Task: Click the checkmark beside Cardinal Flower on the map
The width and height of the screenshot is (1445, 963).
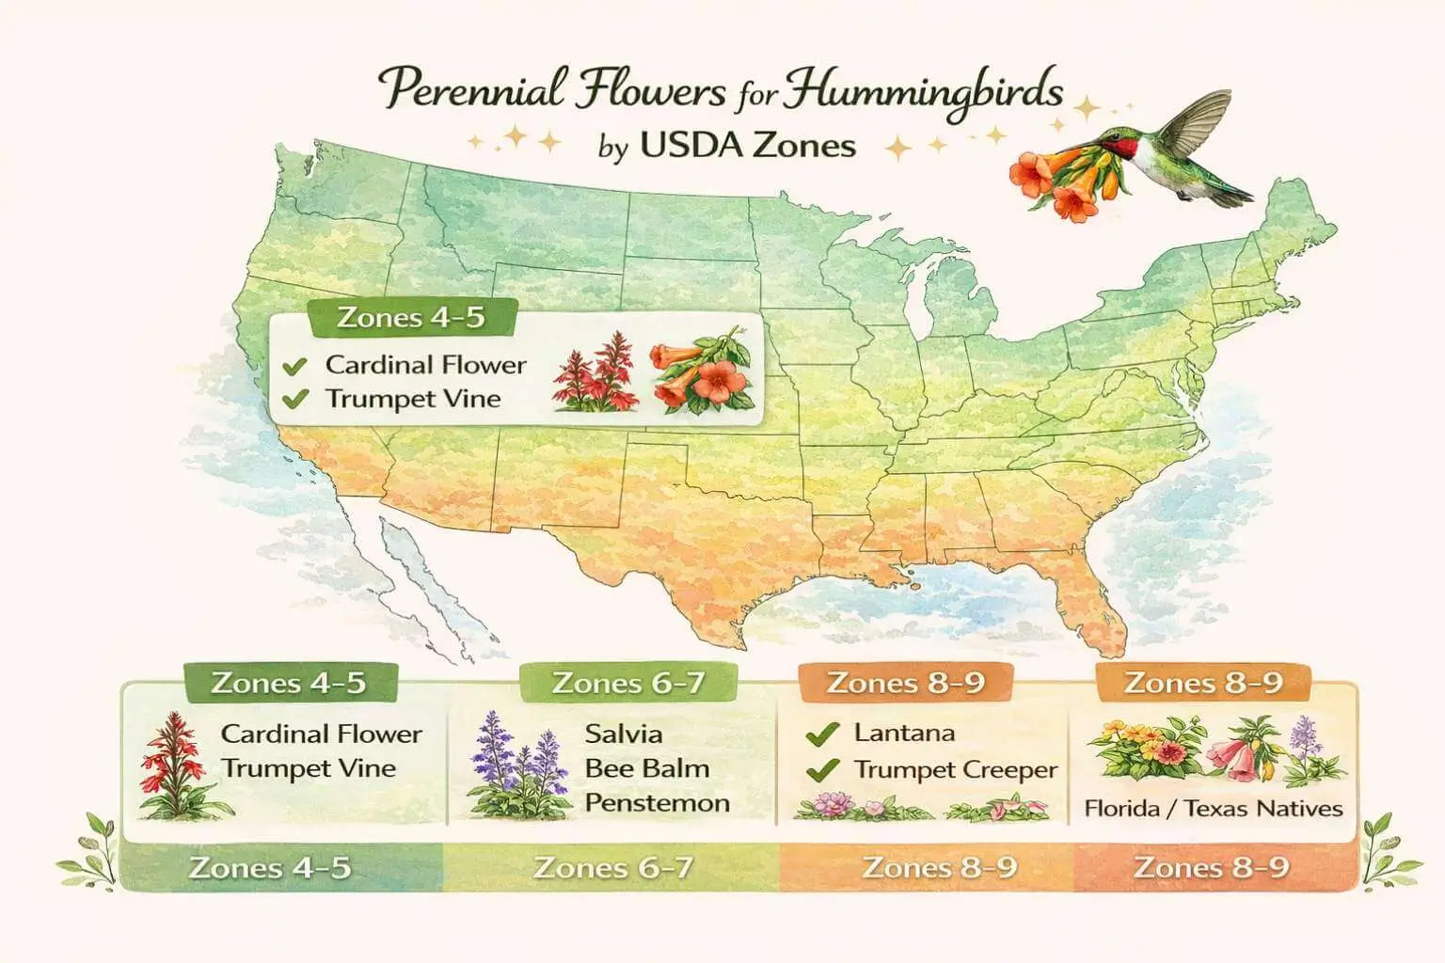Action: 295,366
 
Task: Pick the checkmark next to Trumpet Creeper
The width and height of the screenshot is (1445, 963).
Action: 823,771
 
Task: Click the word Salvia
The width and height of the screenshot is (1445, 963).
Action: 623,734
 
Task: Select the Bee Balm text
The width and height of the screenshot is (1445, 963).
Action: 646,768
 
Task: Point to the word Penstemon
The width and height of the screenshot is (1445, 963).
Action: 657,803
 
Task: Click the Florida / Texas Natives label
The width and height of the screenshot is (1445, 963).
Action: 1213,808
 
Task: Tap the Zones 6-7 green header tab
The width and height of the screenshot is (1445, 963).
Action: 627,683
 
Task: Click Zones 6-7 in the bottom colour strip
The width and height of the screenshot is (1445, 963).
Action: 612,867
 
